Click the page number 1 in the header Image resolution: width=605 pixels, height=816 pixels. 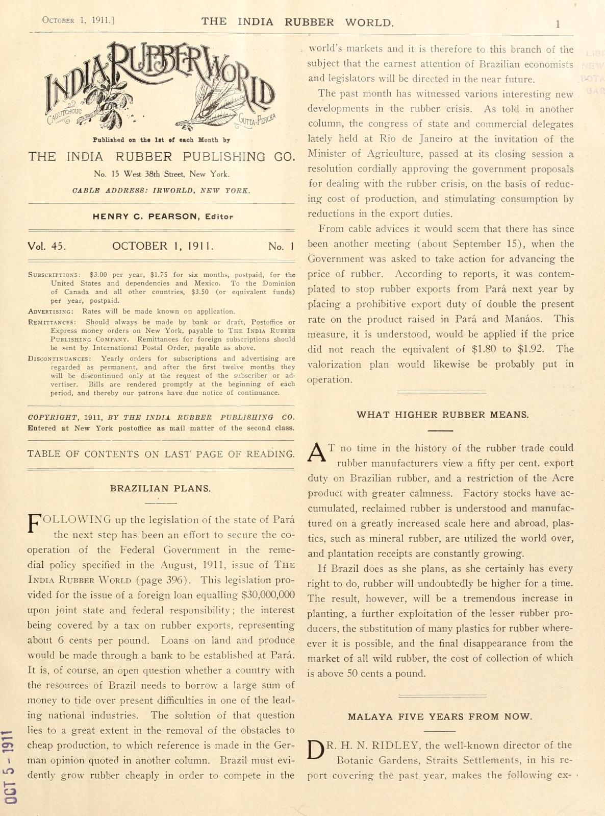(558, 23)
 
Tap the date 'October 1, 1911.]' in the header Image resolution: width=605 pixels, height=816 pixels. (78, 20)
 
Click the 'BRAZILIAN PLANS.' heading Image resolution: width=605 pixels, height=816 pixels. (160, 488)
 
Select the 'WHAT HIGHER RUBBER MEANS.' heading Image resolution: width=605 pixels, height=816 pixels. (442, 415)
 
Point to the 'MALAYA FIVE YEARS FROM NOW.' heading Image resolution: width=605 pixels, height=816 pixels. (440, 716)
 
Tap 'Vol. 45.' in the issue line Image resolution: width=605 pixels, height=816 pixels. (47, 246)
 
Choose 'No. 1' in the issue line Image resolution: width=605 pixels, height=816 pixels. (281, 247)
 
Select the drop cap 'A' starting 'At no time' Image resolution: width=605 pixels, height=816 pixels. (317, 452)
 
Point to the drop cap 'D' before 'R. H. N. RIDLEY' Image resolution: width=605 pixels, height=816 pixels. (316, 750)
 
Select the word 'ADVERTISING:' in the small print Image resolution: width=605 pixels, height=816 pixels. (51, 311)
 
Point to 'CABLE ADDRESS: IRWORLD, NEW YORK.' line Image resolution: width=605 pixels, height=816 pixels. (161, 190)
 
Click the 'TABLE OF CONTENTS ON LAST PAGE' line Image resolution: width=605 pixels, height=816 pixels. (161, 454)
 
